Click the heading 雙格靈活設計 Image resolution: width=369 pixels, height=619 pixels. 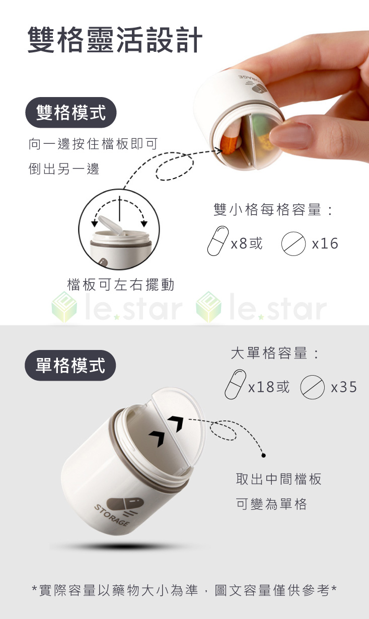tap(115, 40)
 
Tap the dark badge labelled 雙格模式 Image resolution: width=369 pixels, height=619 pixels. tap(71, 113)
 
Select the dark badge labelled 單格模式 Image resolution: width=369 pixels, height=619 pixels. tap(70, 366)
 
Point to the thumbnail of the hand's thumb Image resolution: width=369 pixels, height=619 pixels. tap(290, 135)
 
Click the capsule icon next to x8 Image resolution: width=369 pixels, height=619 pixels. tap(218, 240)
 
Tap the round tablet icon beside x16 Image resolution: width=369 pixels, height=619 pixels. tap(293, 243)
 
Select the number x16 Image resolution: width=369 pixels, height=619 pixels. tap(325, 243)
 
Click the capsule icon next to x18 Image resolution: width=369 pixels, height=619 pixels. tap(236, 384)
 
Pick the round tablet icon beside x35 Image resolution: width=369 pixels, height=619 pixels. tap(312, 387)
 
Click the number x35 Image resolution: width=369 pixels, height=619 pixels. tap(344, 387)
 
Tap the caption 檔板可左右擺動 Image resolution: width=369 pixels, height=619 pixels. tap(121, 285)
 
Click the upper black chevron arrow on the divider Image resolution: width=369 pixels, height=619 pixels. tap(176, 423)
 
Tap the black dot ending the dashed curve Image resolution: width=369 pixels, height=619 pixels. tap(263, 455)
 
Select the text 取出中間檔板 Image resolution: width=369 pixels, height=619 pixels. tap(278, 479)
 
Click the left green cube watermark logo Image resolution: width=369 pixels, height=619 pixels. tap(64, 307)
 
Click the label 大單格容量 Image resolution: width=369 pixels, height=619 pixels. tap(269, 353)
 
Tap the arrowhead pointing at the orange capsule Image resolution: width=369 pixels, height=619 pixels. tap(219, 151)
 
